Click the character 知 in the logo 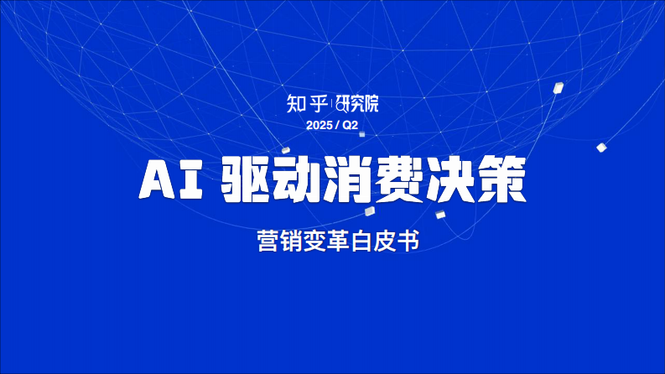[x=295, y=104]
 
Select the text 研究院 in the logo [x=358, y=105]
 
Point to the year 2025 [x=319, y=125]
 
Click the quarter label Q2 [x=350, y=125]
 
